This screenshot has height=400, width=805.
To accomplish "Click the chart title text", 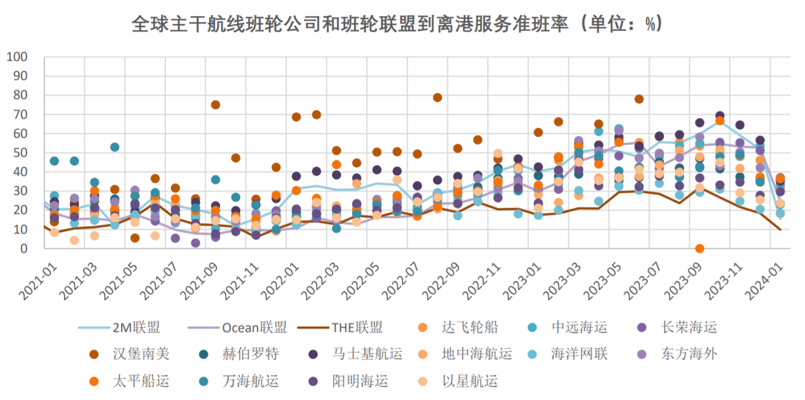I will click(396, 23).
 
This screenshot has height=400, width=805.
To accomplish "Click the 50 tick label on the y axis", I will click(20, 153).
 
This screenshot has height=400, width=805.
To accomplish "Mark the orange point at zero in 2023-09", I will click(699, 249).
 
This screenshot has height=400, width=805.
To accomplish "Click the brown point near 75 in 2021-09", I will click(216, 105).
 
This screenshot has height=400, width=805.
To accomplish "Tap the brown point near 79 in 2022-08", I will click(438, 98).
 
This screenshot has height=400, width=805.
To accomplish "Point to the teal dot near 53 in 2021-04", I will click(115, 147).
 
